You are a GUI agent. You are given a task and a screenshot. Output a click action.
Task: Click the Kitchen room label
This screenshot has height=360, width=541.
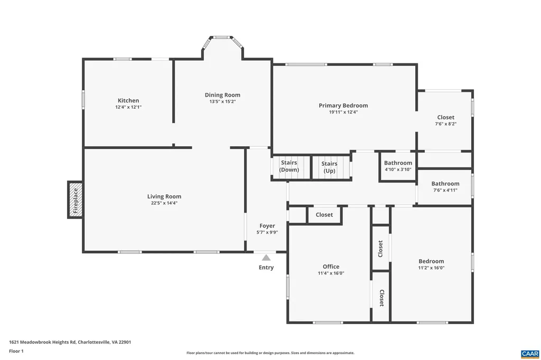(x=128, y=100)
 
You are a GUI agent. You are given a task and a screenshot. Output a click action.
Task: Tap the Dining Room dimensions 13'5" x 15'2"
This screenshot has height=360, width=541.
(x=222, y=101)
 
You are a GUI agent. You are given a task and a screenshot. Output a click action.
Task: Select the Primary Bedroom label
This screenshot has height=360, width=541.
(x=343, y=106)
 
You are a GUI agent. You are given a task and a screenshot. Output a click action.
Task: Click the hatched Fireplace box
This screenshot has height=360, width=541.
(x=75, y=200)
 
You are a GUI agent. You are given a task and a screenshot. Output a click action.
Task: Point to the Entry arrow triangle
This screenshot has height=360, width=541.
(x=266, y=258)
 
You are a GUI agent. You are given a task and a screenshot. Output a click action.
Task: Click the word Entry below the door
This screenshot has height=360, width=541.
(x=266, y=268)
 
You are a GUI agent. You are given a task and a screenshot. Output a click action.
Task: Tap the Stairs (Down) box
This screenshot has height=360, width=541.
(x=289, y=166)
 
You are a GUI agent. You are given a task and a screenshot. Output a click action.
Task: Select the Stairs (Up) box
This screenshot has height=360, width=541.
(x=330, y=167)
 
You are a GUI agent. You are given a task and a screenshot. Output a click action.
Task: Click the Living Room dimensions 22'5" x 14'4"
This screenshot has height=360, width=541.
(x=164, y=203)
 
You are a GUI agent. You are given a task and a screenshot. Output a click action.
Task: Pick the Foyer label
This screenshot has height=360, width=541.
(x=267, y=226)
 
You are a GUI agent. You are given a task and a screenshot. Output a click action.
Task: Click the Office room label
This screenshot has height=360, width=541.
(x=331, y=267)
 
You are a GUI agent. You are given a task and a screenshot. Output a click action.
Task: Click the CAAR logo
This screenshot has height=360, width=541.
(x=529, y=353)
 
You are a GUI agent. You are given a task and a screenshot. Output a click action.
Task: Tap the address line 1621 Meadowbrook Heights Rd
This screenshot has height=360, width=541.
(x=70, y=342)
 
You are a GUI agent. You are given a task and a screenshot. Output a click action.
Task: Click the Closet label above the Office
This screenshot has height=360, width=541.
(x=324, y=215)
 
